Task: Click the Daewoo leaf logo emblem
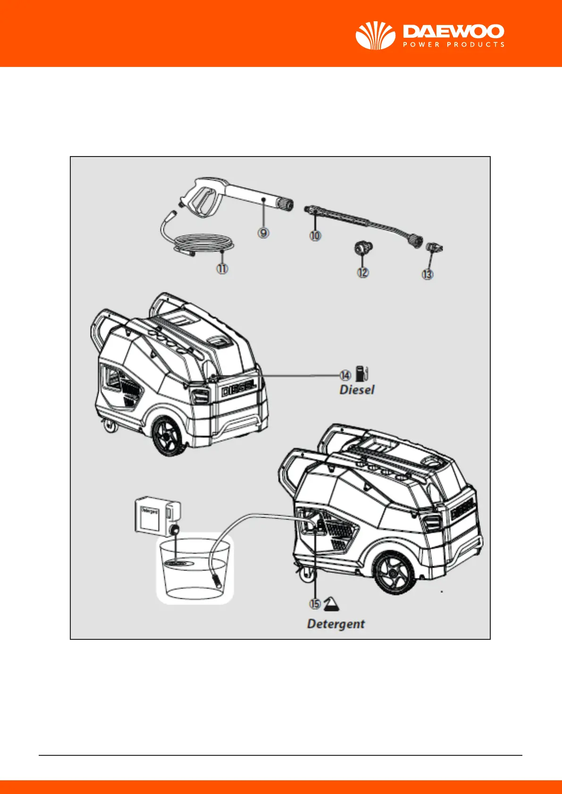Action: pos(375,36)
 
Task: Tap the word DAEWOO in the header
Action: pos(453,32)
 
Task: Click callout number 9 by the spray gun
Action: pos(263,232)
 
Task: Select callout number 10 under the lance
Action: pos(315,235)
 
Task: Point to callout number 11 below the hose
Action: pos(222,269)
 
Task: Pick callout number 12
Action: pos(362,272)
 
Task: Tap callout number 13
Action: pos(428,274)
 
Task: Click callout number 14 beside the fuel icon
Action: pos(345,375)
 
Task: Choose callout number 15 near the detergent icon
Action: pos(315,604)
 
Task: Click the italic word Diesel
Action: pos(357,390)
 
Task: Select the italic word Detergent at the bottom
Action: pos(336,624)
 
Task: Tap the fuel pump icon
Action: pos(362,373)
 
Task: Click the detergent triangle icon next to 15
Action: pos(332,603)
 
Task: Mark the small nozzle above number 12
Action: pos(362,248)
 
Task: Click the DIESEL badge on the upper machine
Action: pos(239,389)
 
